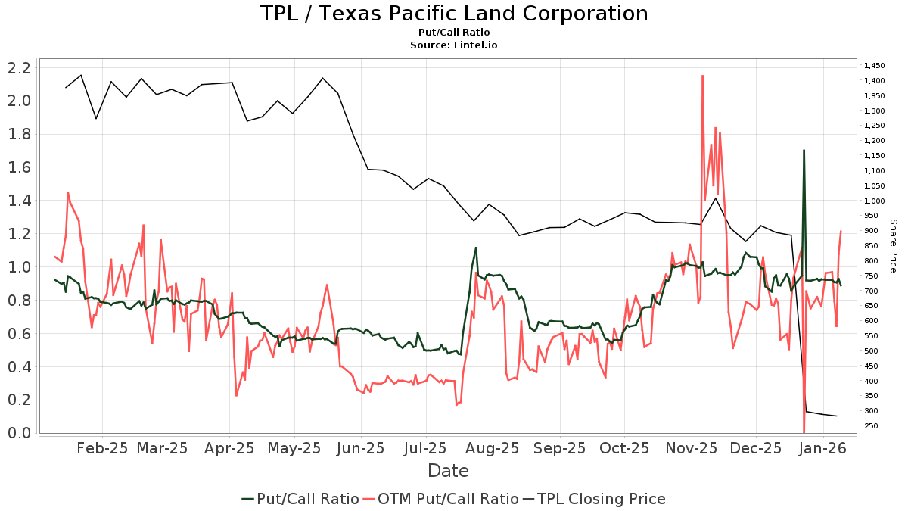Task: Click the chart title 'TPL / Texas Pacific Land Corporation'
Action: [x=454, y=14]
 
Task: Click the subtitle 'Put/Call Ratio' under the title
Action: [x=454, y=33]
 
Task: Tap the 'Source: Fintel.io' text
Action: [x=454, y=45]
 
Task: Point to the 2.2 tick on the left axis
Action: [x=19, y=68]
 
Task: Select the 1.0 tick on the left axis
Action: [x=19, y=267]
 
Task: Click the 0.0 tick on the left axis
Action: [x=19, y=433]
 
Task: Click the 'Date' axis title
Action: [x=448, y=471]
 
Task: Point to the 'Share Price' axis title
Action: [x=893, y=246]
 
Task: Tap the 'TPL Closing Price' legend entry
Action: [x=601, y=499]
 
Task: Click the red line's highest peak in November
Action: [x=703, y=76]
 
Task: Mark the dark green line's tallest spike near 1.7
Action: [x=804, y=151]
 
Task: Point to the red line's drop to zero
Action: [x=804, y=432]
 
